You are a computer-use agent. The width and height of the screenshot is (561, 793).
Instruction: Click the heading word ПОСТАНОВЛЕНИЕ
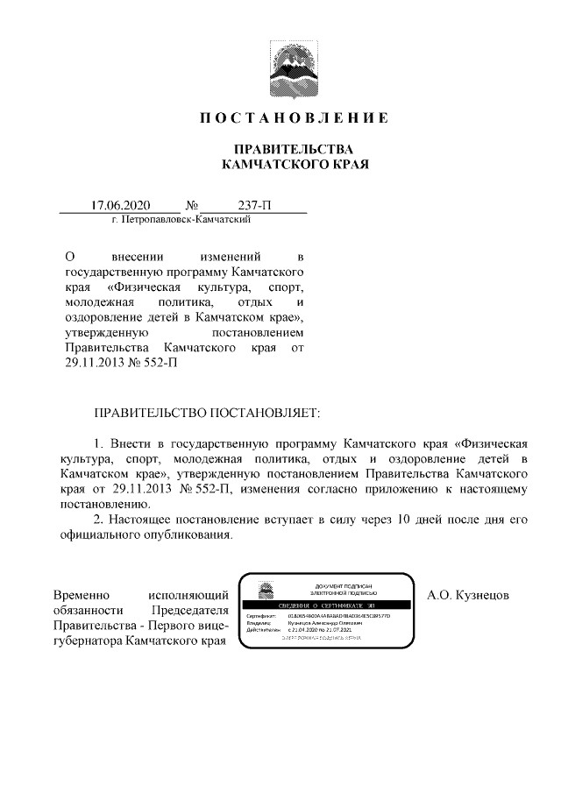(295, 117)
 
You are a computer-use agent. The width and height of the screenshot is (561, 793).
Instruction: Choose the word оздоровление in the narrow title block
(108, 317)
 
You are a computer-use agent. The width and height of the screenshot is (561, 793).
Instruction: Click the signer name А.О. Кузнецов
(468, 595)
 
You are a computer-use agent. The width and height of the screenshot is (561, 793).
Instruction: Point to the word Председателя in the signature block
(190, 611)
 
